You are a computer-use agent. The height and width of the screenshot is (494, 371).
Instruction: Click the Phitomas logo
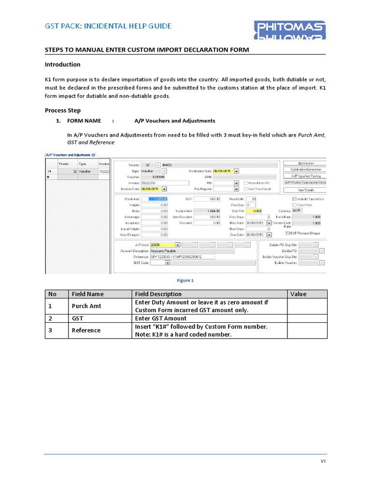click(x=290, y=30)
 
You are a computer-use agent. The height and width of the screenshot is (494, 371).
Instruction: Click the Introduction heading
click(x=62, y=65)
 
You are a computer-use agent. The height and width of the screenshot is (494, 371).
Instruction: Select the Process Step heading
click(x=63, y=110)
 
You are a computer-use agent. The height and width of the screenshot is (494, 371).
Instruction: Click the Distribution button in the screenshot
click(x=305, y=164)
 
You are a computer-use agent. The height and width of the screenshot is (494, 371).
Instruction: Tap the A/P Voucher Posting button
click(x=305, y=176)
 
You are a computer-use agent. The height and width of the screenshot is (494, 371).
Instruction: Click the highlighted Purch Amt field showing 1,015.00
click(x=158, y=199)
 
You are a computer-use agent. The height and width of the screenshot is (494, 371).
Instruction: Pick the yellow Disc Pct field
click(x=257, y=211)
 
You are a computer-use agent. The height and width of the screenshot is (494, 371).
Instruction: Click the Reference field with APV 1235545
click(x=182, y=257)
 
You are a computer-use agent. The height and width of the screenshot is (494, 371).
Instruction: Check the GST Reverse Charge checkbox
click(x=288, y=233)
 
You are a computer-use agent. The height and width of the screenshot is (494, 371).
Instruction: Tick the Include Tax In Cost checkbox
click(x=295, y=199)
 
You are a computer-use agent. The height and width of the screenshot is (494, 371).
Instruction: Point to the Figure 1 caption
click(x=185, y=280)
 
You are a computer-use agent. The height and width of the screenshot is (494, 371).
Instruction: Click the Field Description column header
click(x=158, y=294)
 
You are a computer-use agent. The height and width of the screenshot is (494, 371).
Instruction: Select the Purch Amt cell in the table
click(x=86, y=306)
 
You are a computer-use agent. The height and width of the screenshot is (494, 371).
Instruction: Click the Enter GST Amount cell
click(x=160, y=318)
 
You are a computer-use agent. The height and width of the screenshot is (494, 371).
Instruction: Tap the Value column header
click(x=298, y=294)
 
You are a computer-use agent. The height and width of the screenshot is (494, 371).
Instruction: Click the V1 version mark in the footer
click(x=324, y=462)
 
